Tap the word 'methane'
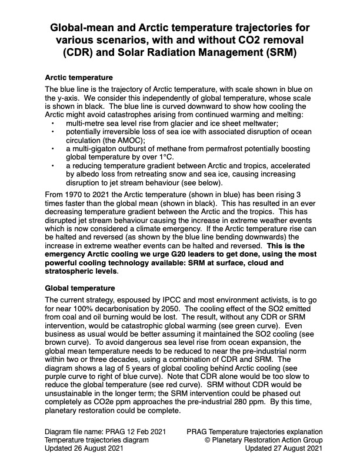pos(162,150)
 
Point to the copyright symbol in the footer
pos(206,440)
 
